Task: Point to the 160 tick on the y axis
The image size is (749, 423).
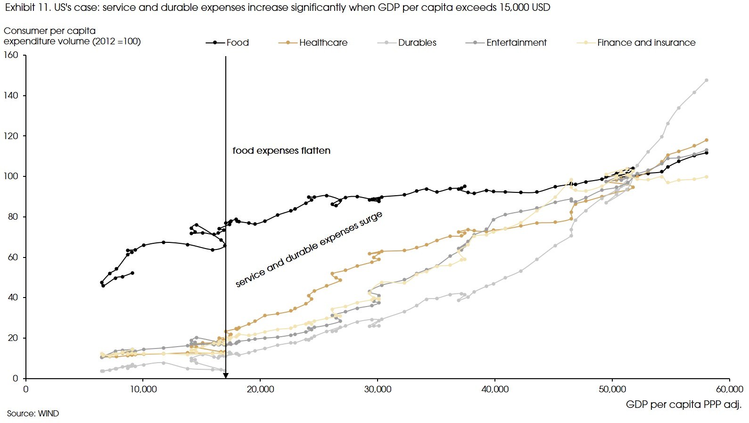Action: click(x=11, y=55)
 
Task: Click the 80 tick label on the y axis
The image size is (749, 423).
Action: click(x=13, y=217)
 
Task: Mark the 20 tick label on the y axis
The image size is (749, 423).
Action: click(x=13, y=338)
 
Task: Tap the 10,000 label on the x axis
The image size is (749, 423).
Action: click(x=143, y=390)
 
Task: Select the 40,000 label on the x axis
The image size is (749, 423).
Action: click(x=495, y=390)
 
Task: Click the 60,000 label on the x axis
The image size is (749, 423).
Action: click(x=729, y=390)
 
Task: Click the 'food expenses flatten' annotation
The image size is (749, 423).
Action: click(x=281, y=151)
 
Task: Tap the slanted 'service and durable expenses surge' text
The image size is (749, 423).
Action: click(x=309, y=249)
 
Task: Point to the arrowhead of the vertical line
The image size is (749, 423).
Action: click(x=226, y=376)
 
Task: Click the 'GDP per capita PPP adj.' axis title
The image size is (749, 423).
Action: click(x=683, y=405)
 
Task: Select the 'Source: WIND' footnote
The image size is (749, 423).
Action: click(x=33, y=414)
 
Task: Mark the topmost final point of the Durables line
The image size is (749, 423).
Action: click(x=706, y=80)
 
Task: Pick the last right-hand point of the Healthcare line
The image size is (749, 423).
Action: click(x=706, y=140)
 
